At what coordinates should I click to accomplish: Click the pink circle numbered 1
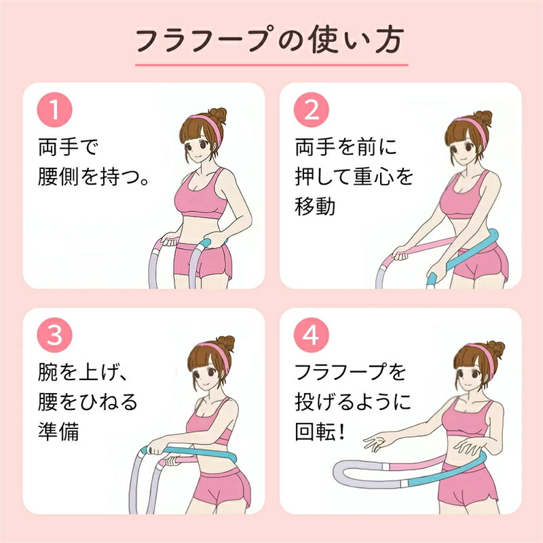click(x=54, y=110)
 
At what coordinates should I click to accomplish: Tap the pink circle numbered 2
click(x=312, y=110)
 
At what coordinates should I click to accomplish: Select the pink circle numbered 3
click(x=54, y=335)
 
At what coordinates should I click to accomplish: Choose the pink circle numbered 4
click(x=312, y=335)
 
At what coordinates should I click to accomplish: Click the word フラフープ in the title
click(x=202, y=40)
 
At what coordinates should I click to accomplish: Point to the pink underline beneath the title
click(x=271, y=64)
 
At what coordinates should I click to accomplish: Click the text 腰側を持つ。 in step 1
click(x=94, y=176)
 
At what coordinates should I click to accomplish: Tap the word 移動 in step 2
click(x=315, y=206)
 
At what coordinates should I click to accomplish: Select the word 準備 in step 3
click(x=58, y=432)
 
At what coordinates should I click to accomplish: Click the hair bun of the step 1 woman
click(x=219, y=115)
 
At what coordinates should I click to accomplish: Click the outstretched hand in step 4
click(x=376, y=442)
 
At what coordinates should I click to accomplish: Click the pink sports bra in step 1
click(x=201, y=195)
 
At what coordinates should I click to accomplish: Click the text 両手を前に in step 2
click(x=345, y=147)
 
